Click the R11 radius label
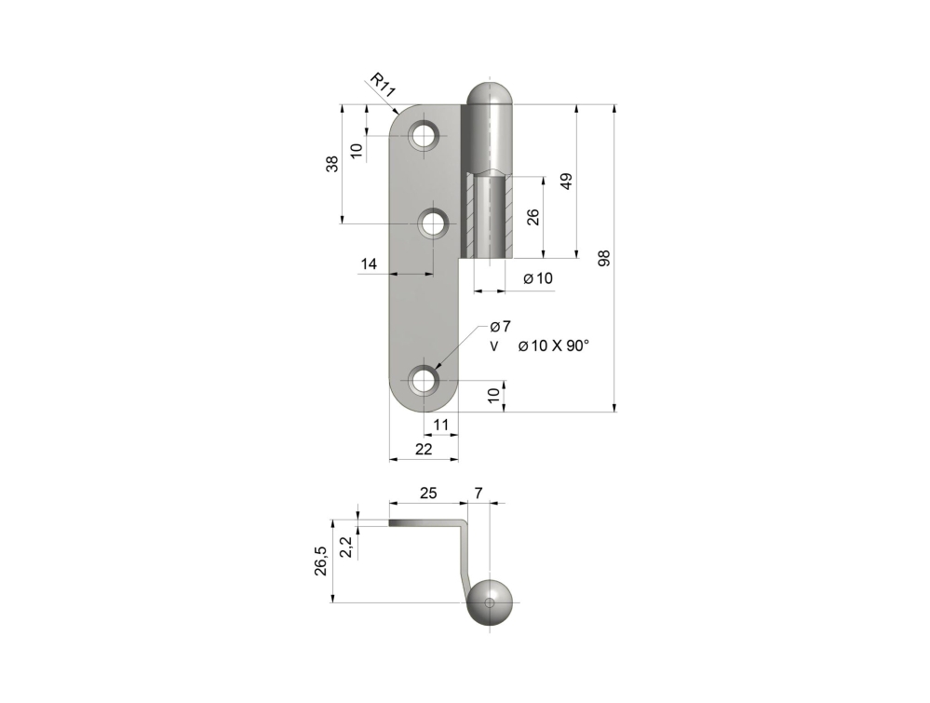click(383, 85)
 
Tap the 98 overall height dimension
click(604, 258)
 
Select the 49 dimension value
click(566, 181)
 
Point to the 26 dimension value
click(533, 217)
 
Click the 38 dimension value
click(332, 164)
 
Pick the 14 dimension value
click(369, 264)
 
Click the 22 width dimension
click(424, 449)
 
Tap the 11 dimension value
click(440, 425)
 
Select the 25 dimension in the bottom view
click(428, 493)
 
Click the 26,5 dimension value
click(320, 561)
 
